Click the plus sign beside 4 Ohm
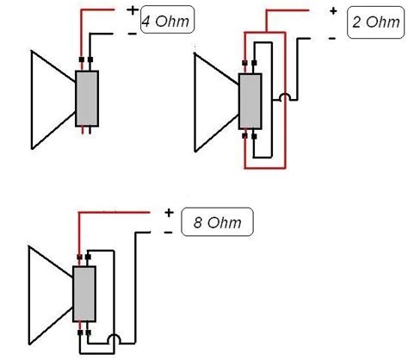tap(132, 11)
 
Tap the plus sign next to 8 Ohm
tap(169, 212)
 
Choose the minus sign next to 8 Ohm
tap(168, 233)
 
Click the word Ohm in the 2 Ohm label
tap(383, 23)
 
